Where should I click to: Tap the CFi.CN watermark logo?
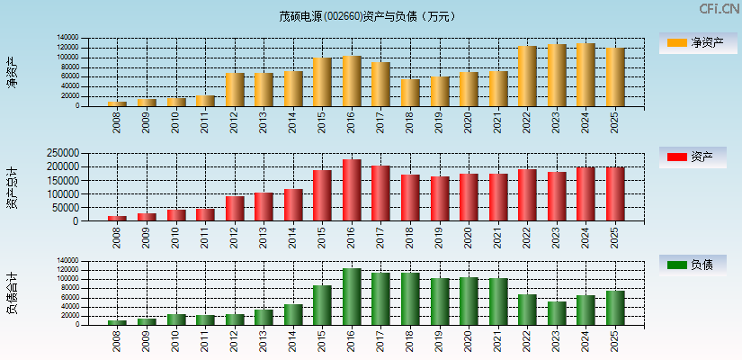(x=720, y=9)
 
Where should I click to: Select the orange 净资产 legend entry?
(x=693, y=42)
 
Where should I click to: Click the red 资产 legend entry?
(x=693, y=157)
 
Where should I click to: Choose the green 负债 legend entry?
(x=693, y=265)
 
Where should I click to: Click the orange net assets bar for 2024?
(x=586, y=75)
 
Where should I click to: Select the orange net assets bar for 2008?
(x=117, y=103)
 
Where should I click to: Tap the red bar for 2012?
(x=235, y=209)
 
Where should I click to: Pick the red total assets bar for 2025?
(x=615, y=194)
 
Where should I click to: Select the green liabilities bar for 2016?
(x=352, y=297)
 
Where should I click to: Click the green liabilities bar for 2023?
(x=557, y=313)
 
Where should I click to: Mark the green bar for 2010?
(x=176, y=319)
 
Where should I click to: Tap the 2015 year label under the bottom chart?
(x=322, y=340)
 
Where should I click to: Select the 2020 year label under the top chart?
(x=469, y=122)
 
